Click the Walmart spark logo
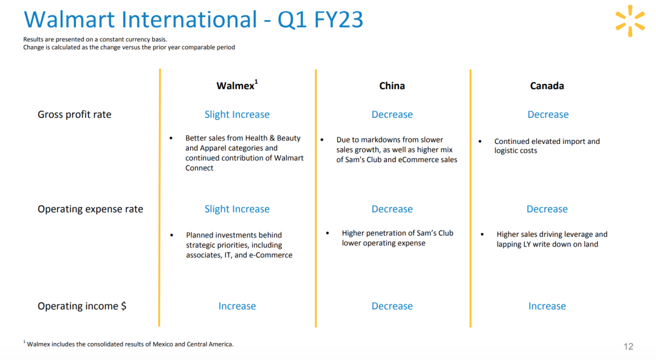click(x=630, y=21)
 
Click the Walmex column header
click(x=237, y=86)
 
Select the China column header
click(x=392, y=86)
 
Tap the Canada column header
click(x=547, y=86)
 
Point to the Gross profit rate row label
click(x=75, y=115)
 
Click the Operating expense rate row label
click(x=91, y=209)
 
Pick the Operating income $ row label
click(x=82, y=306)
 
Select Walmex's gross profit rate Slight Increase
click(x=237, y=115)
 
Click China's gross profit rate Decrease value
click(x=392, y=115)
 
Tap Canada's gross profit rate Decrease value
click(x=548, y=115)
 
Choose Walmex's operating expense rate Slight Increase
click(x=237, y=209)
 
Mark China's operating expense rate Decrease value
click(x=392, y=209)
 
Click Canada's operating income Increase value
click(x=547, y=306)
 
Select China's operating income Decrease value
click(x=392, y=306)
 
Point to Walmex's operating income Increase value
click(x=237, y=306)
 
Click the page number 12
click(x=629, y=347)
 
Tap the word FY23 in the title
click(x=338, y=19)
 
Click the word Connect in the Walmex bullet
click(x=199, y=168)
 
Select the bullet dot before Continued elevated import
click(x=480, y=141)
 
